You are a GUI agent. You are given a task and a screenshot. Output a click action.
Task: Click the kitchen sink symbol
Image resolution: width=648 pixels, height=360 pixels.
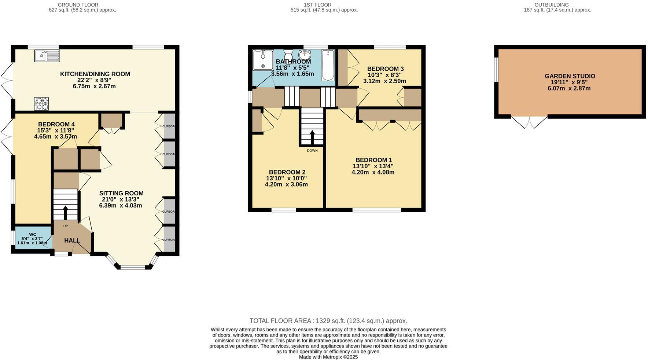tap(47, 56)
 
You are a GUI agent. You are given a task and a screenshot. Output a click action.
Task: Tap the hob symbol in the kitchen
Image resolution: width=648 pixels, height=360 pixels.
tap(41, 103)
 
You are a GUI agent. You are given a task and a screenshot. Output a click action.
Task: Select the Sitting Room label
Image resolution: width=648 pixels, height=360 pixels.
tap(121, 193)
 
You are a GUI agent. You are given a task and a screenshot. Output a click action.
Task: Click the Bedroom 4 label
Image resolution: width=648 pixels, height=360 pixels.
tap(56, 124)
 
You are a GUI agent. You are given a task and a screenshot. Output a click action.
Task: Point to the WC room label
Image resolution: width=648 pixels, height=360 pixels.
tap(33, 235)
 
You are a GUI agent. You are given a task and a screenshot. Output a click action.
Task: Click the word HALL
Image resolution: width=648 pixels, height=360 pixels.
tap(72, 240)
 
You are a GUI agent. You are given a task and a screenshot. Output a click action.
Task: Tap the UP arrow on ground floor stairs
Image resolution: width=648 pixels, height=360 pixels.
tap(66, 213)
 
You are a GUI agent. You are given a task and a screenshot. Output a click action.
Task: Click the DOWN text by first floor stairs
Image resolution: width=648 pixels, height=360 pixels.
tap(312, 151)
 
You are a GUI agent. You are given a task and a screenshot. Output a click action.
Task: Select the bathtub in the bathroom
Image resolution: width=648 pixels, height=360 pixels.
tap(328, 65)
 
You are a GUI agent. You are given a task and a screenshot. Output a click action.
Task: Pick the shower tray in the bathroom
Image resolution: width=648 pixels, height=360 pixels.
tap(263, 60)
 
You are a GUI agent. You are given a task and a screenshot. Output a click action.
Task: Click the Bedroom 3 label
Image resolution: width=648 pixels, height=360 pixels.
tap(385, 69)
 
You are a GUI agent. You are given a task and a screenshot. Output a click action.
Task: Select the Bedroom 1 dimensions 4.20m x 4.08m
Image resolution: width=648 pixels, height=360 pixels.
tap(373, 172)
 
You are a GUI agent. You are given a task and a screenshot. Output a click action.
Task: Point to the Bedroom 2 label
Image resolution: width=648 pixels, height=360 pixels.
tap(287, 172)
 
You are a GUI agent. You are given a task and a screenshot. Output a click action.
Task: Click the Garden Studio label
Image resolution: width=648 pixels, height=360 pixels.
tap(570, 76)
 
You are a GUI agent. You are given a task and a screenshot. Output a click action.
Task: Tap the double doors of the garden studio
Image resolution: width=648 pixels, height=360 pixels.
tap(529, 122)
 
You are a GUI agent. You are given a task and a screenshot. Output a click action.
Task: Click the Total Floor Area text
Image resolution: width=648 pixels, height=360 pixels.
tap(328, 321)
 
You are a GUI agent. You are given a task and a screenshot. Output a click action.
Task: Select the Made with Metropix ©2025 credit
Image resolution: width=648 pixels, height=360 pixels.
tap(328, 357)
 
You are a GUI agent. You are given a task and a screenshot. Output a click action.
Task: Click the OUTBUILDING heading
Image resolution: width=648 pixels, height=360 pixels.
tap(557, 5)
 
